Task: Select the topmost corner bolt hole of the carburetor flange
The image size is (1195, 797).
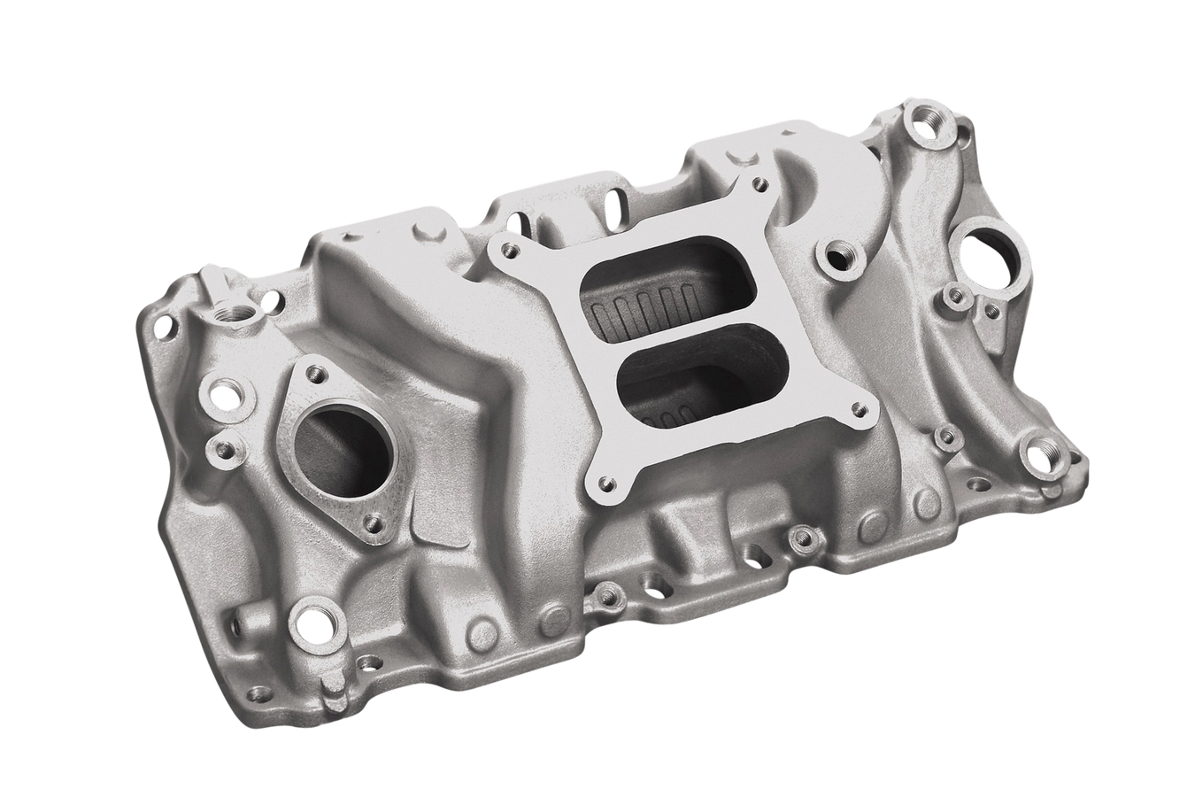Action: click(x=757, y=185)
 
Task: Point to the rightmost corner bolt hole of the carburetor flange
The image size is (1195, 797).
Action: click(x=857, y=410)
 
